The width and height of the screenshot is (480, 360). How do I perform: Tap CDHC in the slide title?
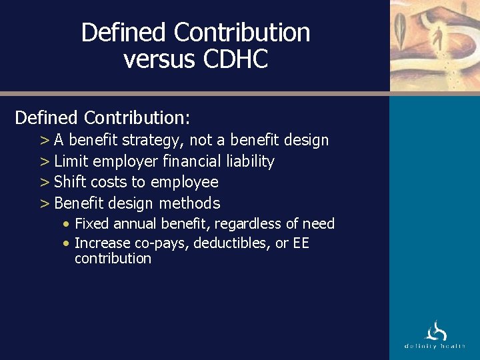[235, 59]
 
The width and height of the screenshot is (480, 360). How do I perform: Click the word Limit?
[71, 161]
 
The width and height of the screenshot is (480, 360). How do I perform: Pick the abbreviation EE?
[301, 243]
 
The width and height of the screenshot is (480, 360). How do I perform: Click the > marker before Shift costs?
[45, 182]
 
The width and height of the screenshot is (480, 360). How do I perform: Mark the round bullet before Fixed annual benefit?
[67, 225]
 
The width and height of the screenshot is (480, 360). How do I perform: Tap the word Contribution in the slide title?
[242, 31]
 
